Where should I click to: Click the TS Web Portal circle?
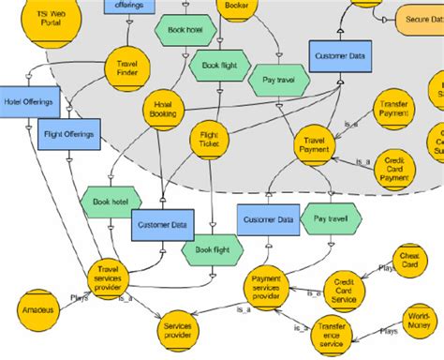(x=43, y=23)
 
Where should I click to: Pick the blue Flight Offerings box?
(x=70, y=134)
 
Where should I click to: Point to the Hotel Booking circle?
(x=164, y=111)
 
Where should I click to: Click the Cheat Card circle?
(x=408, y=262)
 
